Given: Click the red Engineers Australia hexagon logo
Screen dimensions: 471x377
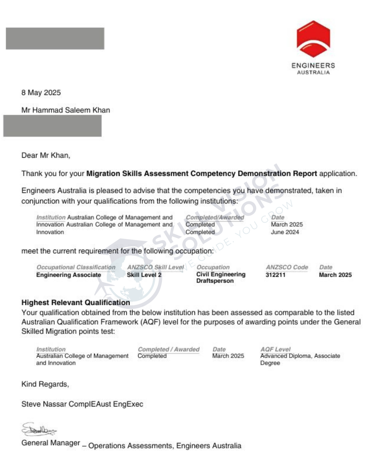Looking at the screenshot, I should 313,39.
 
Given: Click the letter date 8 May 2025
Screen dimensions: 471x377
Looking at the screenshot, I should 41,92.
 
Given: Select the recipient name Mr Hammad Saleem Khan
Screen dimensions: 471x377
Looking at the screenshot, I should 66,110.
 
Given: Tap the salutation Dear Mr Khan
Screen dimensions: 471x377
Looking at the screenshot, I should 46,155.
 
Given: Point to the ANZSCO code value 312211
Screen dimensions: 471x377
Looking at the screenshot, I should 275,275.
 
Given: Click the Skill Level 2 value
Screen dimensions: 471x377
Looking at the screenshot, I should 144,275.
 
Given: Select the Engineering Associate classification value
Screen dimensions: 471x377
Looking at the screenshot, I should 68,275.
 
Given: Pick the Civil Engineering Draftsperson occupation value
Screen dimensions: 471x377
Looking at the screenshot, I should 221,278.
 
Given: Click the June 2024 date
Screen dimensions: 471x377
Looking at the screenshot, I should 285,232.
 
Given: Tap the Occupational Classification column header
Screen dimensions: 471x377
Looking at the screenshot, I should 76,267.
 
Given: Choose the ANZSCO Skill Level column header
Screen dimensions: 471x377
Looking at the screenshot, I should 155,267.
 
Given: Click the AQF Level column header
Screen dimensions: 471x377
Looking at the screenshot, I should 275,349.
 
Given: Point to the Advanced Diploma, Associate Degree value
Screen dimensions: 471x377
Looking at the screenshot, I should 300,359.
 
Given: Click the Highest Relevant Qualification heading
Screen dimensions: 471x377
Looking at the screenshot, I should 76,302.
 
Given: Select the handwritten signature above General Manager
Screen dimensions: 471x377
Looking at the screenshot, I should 38,430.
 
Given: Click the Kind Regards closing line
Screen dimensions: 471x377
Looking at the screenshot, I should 45,384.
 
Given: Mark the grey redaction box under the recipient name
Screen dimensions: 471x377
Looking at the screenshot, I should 52,126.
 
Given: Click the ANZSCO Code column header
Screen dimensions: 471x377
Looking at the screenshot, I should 287,267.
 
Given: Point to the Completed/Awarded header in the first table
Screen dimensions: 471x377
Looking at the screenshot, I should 215,217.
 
